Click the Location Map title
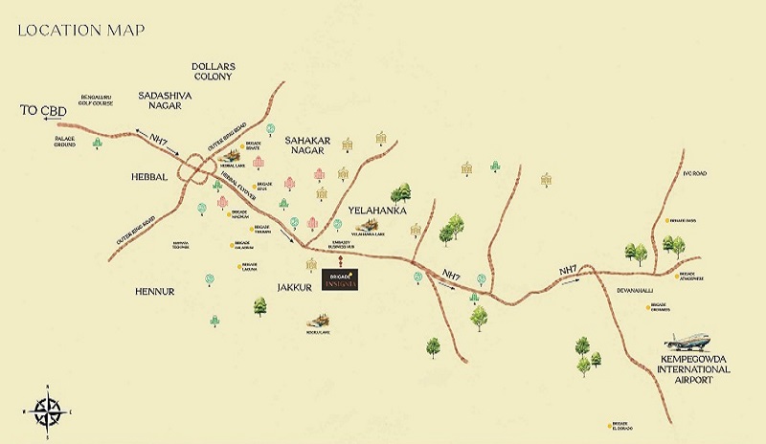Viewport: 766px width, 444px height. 81,30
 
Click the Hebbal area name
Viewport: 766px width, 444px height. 149,177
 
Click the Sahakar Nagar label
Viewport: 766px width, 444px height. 307,145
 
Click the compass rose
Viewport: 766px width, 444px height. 47,409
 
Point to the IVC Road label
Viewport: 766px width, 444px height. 694,175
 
